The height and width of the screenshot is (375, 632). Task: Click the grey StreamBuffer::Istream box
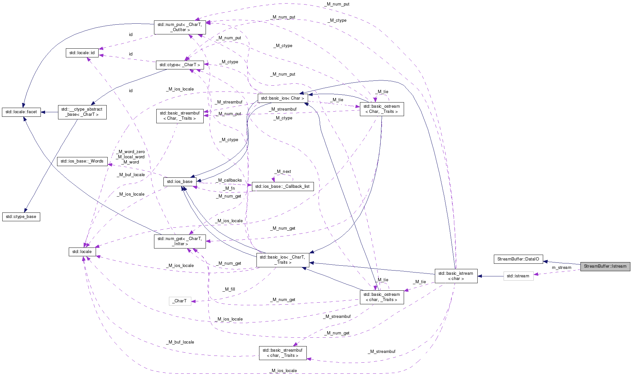point(605,266)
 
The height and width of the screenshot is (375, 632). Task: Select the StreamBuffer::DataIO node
point(518,259)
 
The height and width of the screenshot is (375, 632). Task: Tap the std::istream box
point(518,276)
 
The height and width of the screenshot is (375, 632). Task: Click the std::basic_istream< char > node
point(456,276)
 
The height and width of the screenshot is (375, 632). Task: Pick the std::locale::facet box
point(21,112)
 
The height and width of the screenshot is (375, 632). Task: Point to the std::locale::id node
point(82,53)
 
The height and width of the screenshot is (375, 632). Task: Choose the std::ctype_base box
point(21,217)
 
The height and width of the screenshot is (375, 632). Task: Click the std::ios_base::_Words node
point(82,161)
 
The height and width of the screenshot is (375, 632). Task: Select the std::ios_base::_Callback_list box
point(282,186)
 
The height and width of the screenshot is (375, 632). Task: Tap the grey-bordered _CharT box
point(180,301)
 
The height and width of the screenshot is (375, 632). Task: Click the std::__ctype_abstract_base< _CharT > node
point(82,112)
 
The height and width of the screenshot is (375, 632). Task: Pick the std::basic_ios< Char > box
point(282,98)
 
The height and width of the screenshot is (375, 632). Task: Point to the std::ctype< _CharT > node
point(180,65)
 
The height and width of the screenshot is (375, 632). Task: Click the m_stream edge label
point(561,268)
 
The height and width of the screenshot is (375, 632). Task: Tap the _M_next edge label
point(283,171)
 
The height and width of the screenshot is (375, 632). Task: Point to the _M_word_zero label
point(130,151)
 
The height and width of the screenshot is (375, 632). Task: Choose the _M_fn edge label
point(229,188)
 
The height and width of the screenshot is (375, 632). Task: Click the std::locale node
point(82,252)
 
